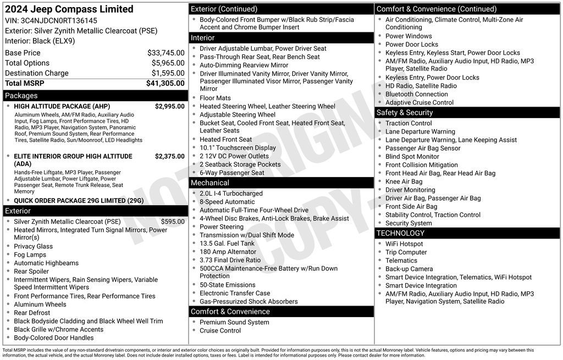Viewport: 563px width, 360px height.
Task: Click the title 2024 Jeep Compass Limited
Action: point(69,9)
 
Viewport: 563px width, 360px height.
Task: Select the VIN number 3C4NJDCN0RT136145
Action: point(59,20)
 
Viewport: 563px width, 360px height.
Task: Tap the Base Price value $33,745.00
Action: point(165,53)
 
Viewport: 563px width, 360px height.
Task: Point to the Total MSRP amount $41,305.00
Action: point(165,83)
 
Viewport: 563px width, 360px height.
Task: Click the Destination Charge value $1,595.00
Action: point(168,73)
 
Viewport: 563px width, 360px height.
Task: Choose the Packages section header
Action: point(21,96)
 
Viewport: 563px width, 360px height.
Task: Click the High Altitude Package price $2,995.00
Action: point(169,107)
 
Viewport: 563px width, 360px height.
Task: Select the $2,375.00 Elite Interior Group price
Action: point(169,157)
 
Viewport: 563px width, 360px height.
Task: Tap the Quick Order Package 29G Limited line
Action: point(79,201)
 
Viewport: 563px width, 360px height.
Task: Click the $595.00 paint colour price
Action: point(173,221)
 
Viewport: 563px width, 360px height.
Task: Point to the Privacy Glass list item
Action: point(34,246)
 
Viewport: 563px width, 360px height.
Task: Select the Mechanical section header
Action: point(210,182)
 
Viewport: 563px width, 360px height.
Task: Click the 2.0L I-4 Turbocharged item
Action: point(231,193)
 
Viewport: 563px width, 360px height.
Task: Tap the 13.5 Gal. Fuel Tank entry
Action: point(227,243)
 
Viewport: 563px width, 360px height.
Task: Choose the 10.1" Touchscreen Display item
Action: point(238,148)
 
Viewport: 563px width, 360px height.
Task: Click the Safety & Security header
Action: point(405,113)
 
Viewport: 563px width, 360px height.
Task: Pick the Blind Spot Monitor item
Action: point(412,157)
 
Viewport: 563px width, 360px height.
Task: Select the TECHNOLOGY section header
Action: point(400,233)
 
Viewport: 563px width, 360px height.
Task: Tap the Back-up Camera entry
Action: point(409,269)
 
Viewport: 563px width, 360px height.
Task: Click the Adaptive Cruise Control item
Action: point(420,102)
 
